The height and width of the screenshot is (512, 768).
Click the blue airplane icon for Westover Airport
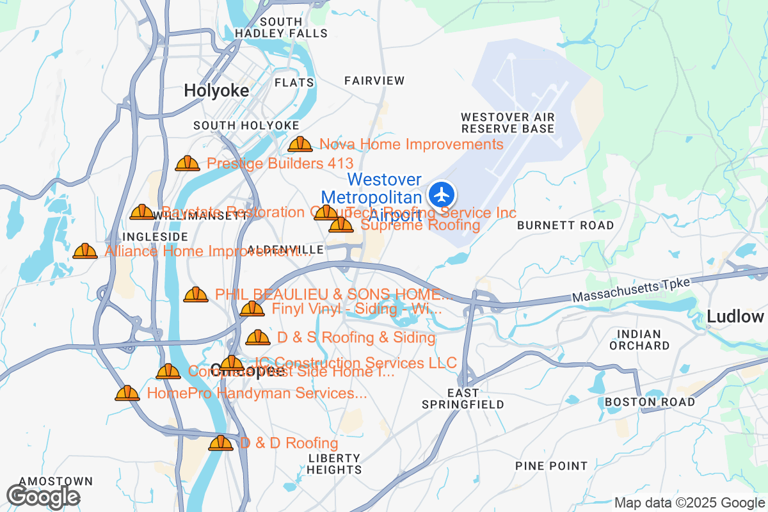click(441, 194)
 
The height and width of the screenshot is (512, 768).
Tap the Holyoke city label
click(216, 91)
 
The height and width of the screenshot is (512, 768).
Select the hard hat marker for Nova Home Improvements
click(300, 145)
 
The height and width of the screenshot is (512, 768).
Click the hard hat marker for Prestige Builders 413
click(188, 164)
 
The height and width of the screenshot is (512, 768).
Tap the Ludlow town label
click(735, 316)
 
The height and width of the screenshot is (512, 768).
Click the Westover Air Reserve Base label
click(508, 123)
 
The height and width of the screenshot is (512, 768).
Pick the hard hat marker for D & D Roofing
click(221, 443)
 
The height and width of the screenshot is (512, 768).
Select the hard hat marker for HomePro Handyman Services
click(127, 394)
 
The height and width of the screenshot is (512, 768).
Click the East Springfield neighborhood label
click(463, 398)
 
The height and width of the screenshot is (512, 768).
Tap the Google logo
click(43, 496)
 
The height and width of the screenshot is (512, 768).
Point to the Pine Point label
click(551, 466)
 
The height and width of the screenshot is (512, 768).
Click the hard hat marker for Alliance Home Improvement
click(85, 252)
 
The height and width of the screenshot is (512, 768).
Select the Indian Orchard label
click(639, 339)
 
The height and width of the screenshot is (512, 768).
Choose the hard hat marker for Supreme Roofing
click(341, 225)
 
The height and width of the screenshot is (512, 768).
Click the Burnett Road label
click(565, 225)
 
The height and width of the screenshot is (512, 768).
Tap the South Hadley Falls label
click(281, 28)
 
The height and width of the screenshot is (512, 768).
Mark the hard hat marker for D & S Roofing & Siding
click(258, 337)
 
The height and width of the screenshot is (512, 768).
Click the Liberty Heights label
click(334, 463)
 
